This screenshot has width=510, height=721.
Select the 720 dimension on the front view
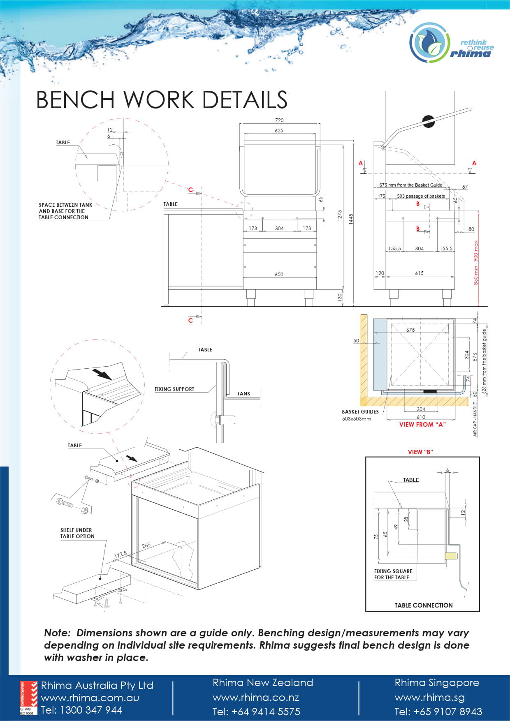(279, 120)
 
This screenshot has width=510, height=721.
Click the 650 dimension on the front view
(279, 274)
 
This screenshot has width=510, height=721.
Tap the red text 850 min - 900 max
(476, 263)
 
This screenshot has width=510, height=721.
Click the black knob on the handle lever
(428, 121)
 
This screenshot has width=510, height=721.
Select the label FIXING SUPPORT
(174, 389)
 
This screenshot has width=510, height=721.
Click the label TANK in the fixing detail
(243, 393)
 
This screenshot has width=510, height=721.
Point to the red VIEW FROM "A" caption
(422, 424)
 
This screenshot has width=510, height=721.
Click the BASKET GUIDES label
(360, 411)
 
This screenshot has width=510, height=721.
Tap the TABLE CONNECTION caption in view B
(423, 605)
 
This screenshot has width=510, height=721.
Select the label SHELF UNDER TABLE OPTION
(77, 533)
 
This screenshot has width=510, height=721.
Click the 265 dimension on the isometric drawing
(146, 545)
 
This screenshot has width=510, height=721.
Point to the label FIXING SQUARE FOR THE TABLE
(393, 574)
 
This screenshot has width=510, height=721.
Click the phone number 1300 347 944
(91, 710)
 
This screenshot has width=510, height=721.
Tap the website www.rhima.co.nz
(255, 698)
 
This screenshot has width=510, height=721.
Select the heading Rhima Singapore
(436, 683)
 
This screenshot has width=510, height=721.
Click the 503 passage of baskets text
(421, 196)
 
